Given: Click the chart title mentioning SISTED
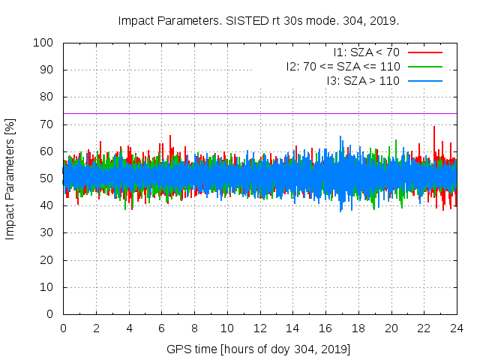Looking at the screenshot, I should pyautogui.click(x=259, y=20).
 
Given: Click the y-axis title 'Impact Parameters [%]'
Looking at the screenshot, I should pyautogui.click(x=10, y=178).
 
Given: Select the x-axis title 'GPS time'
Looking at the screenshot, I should pyautogui.click(x=259, y=349).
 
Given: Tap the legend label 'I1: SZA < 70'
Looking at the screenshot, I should pyautogui.click(x=366, y=52).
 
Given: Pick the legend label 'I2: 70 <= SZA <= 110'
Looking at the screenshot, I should pyautogui.click(x=343, y=66).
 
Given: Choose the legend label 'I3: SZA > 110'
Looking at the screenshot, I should pyautogui.click(x=363, y=79).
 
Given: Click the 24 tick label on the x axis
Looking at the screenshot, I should pyautogui.click(x=457, y=328).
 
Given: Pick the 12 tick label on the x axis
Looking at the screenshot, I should pyautogui.click(x=259, y=328).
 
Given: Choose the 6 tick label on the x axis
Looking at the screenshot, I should pyautogui.click(x=161, y=328).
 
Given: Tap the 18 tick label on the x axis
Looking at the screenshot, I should pyautogui.click(x=358, y=328).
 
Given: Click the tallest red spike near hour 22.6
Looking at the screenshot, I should pyautogui.click(x=434, y=127).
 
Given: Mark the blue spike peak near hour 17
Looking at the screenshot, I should pyautogui.click(x=341, y=136).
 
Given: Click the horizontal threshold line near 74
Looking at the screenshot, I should pyautogui.click(x=225, y=114).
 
